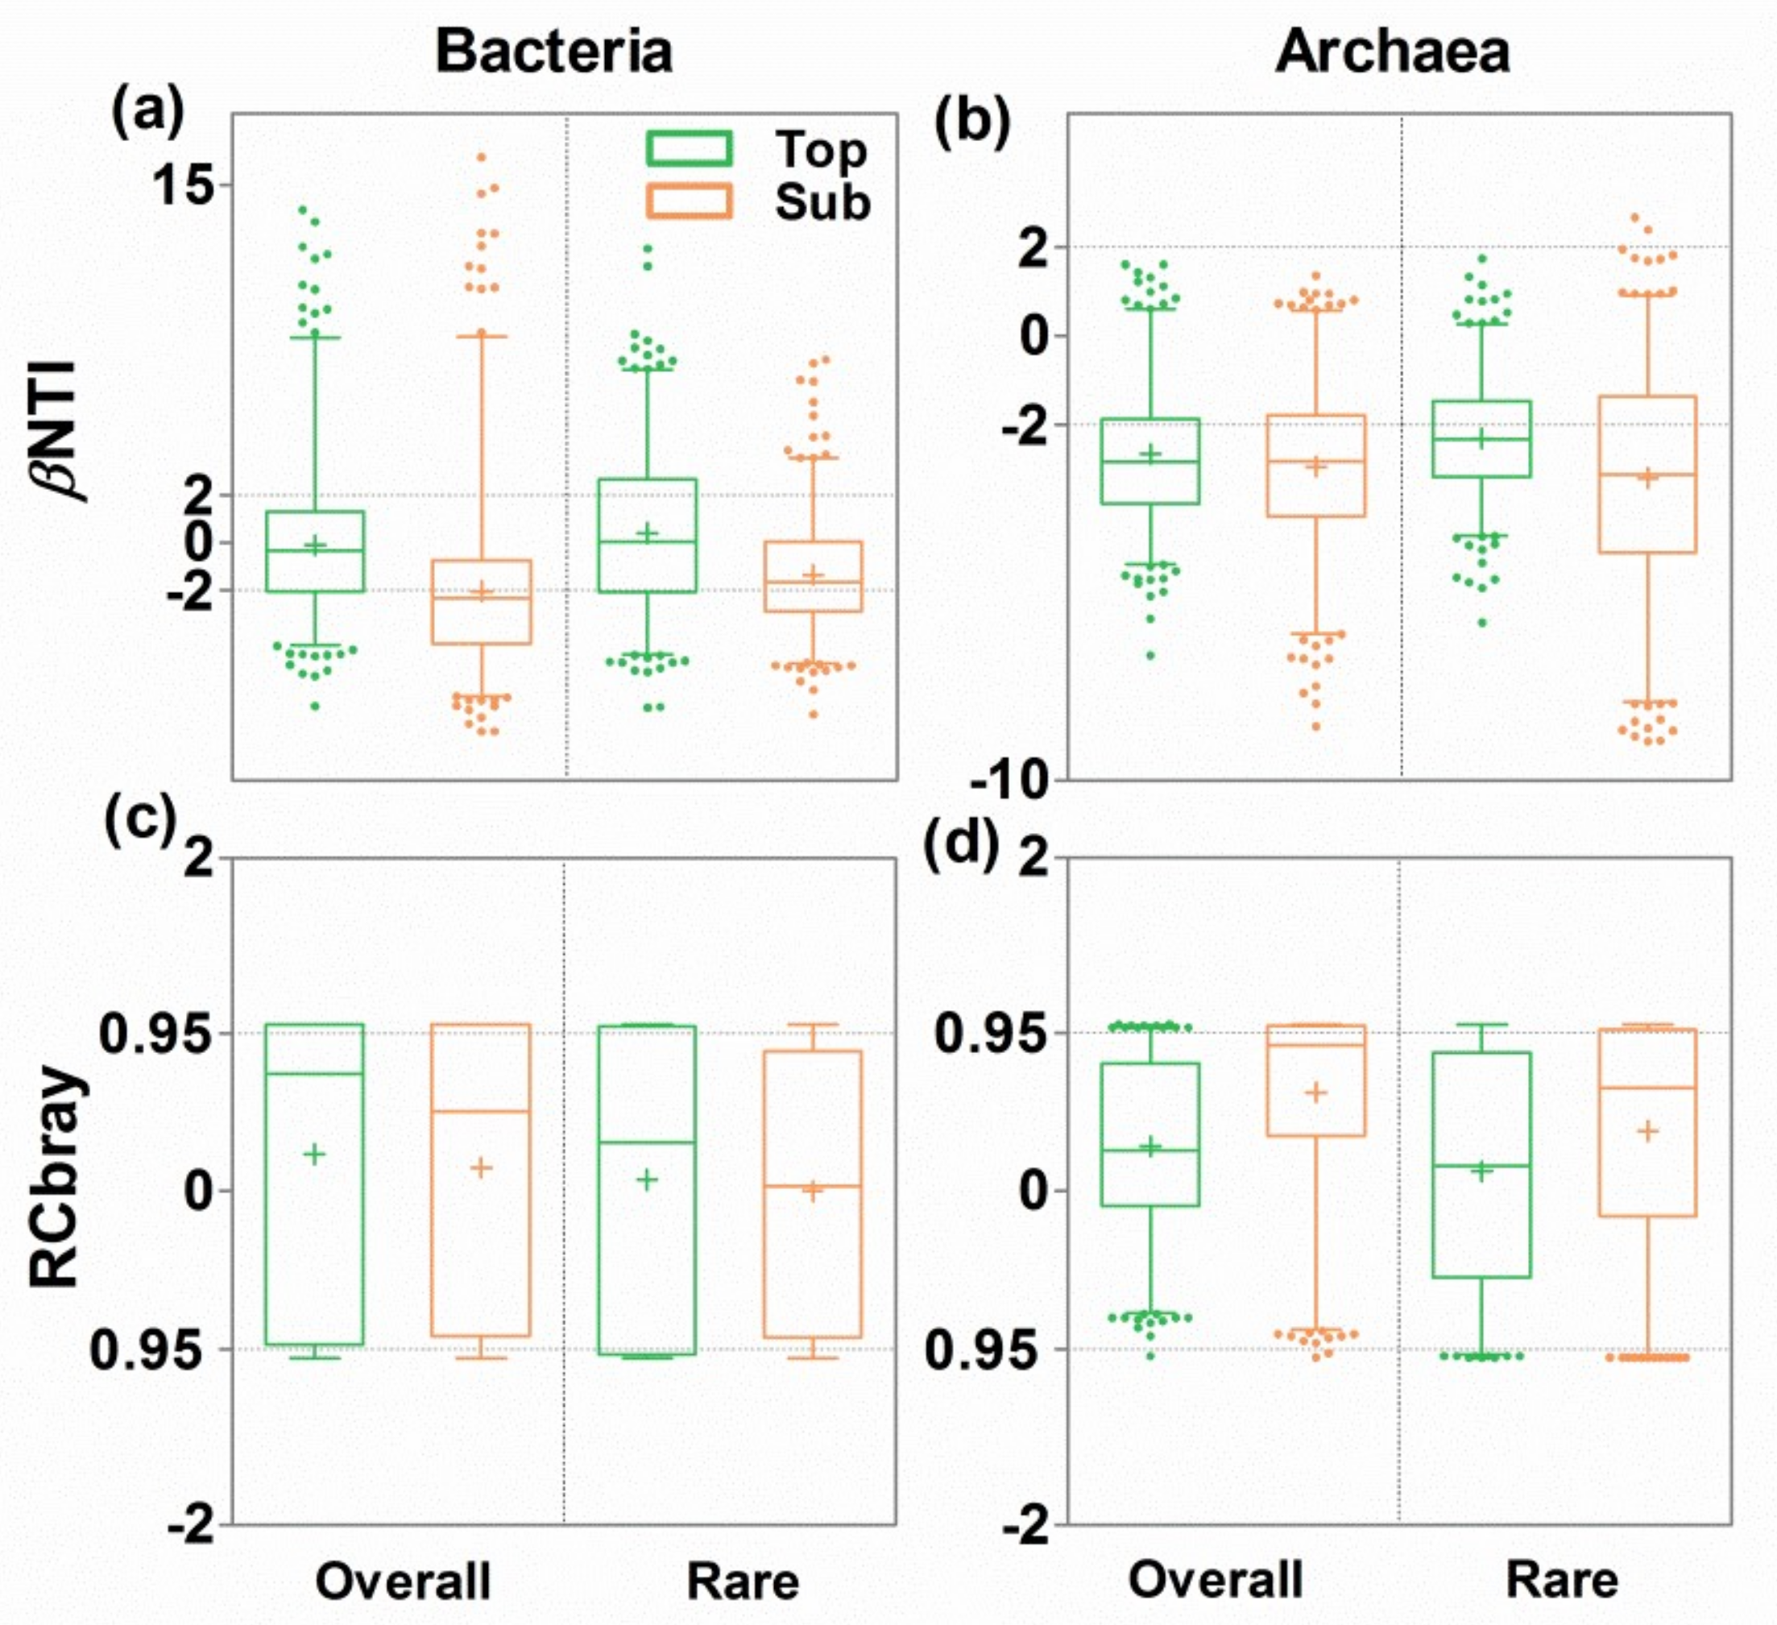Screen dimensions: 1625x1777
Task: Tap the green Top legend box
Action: click(689, 148)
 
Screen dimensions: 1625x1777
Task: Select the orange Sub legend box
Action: click(689, 201)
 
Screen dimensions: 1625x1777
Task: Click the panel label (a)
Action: click(147, 112)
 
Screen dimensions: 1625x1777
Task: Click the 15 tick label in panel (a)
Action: click(183, 185)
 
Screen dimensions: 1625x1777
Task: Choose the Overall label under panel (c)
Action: click(403, 1581)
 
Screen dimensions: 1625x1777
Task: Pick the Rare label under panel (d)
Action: click(1562, 1581)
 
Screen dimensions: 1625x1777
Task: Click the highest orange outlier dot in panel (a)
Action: click(481, 158)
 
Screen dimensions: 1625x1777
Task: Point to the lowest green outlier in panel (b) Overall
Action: click(1150, 655)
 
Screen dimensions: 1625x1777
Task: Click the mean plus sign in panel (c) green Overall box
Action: click(315, 1153)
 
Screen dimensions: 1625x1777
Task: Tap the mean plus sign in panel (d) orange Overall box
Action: click(1316, 1092)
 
